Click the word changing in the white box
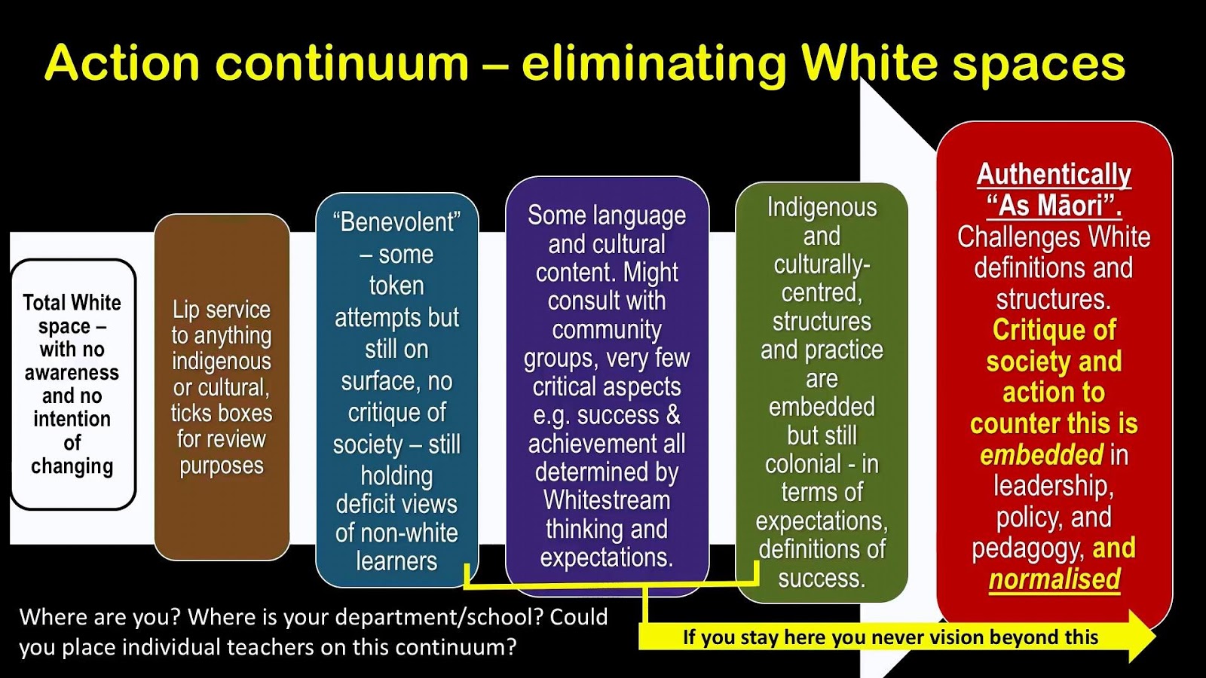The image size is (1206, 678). (72, 466)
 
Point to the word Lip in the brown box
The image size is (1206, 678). (184, 310)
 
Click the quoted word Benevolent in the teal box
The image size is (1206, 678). (396, 221)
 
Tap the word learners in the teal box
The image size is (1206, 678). (396, 561)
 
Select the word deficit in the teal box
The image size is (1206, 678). (366, 505)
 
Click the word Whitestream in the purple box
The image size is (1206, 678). (607, 500)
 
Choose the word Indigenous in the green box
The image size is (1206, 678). (822, 208)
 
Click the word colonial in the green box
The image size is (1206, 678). (803, 464)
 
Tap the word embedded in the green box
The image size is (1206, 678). (822, 407)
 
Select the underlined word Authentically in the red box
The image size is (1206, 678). (1054, 175)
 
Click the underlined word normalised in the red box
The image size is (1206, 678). (1054, 579)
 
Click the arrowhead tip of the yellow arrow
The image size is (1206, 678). (1155, 637)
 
